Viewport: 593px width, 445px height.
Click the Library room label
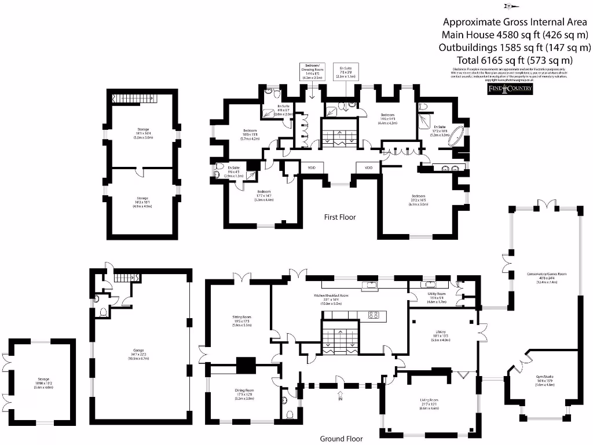point(441,338)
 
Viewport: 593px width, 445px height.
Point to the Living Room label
point(430,402)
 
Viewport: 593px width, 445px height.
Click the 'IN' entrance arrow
point(340,396)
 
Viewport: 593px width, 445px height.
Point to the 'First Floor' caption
point(340,217)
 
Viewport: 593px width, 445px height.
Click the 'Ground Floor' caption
point(341,439)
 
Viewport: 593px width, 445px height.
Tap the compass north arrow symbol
point(511,7)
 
